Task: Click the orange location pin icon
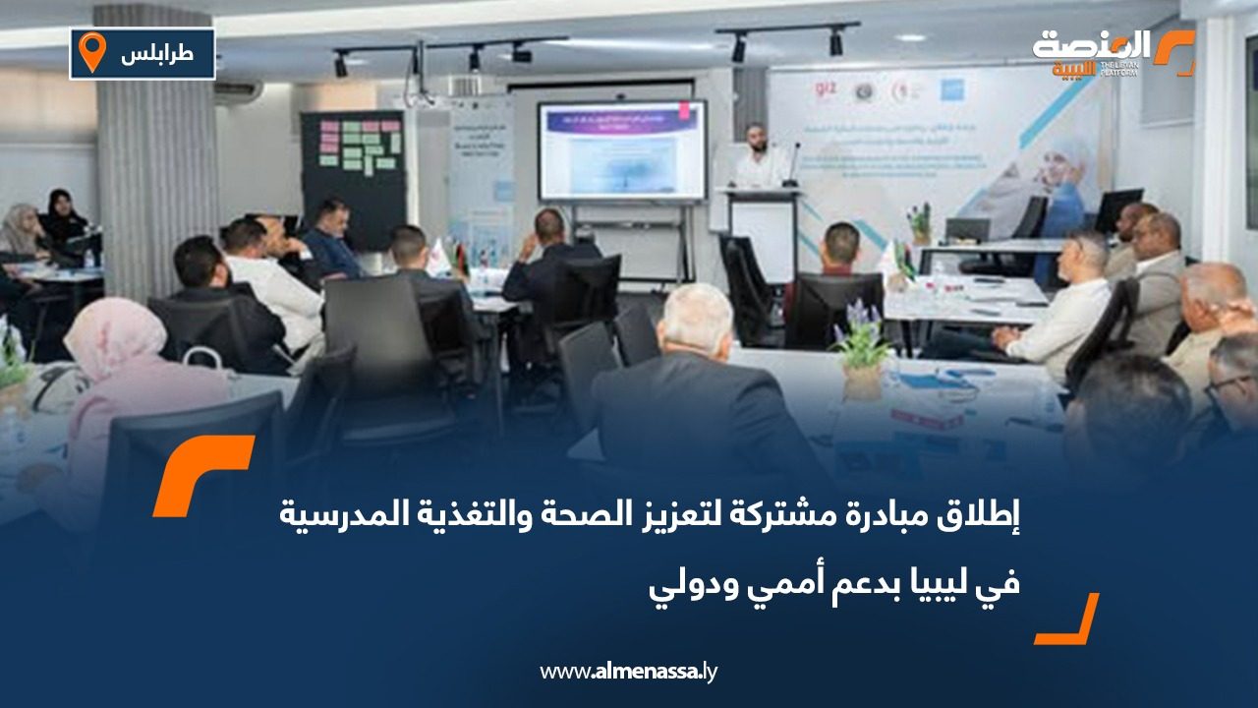pos(92,51)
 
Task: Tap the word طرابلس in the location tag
pos(157,54)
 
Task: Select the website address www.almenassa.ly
pos(628,672)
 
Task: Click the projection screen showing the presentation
pos(621,150)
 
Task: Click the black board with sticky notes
pos(352,167)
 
